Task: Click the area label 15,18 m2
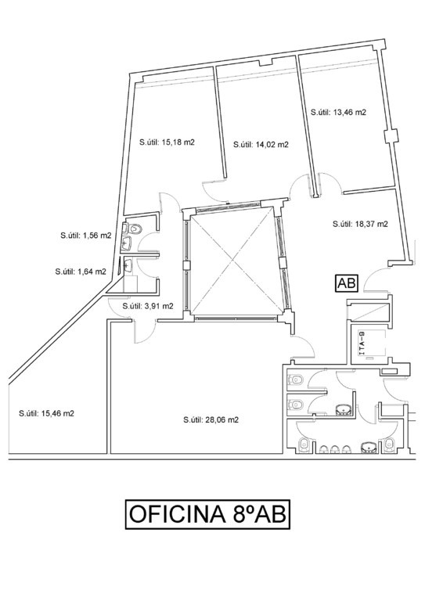(167, 142)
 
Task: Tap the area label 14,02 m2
(261, 145)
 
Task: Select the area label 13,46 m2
(338, 113)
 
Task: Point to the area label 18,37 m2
(360, 224)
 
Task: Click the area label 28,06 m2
(211, 419)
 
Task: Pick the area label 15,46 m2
(46, 413)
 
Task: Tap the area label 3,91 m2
(148, 306)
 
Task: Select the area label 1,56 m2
(86, 236)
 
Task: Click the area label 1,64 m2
(81, 272)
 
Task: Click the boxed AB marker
(347, 283)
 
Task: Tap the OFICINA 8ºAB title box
(207, 514)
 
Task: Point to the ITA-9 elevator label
(361, 344)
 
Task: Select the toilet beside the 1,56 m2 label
(134, 229)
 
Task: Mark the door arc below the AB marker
(375, 279)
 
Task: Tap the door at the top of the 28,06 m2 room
(144, 330)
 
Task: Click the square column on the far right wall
(391, 136)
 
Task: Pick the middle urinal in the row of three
(334, 449)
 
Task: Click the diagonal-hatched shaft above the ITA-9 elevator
(369, 311)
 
